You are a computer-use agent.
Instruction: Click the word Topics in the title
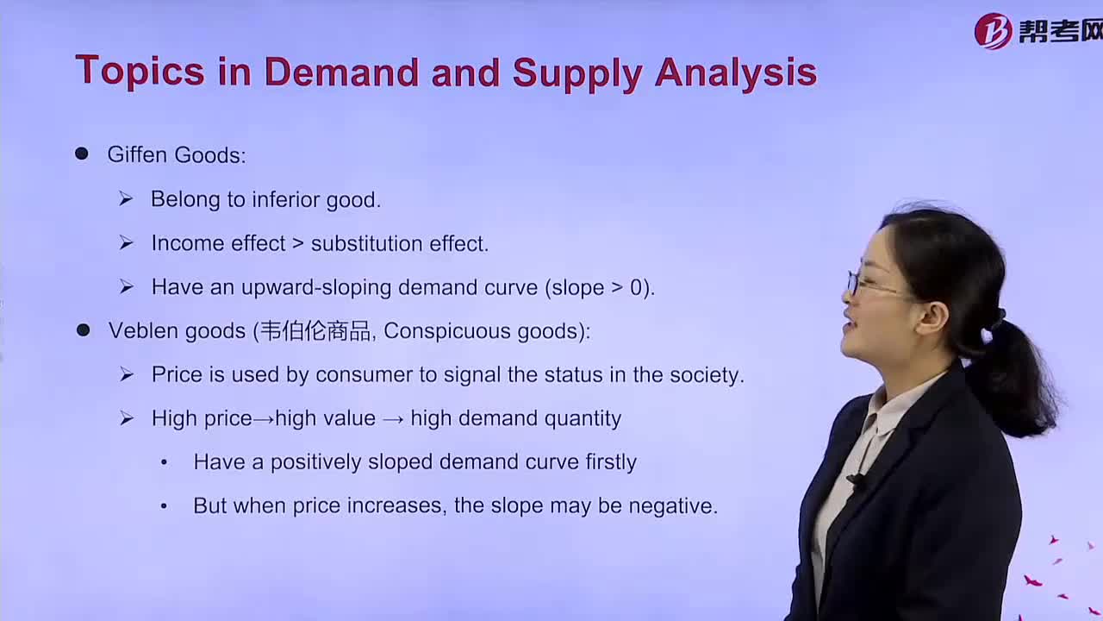140,72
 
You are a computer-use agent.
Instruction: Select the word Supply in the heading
577,74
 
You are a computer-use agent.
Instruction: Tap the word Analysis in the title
736,74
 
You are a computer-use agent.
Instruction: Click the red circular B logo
994,32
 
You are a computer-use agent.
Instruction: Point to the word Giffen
137,154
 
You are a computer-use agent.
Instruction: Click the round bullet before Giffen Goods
82,154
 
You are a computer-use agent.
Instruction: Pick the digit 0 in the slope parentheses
636,287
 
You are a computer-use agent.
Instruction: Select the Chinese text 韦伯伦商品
315,330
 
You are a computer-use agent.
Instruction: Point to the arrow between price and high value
264,419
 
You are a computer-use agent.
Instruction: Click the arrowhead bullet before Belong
126,199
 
